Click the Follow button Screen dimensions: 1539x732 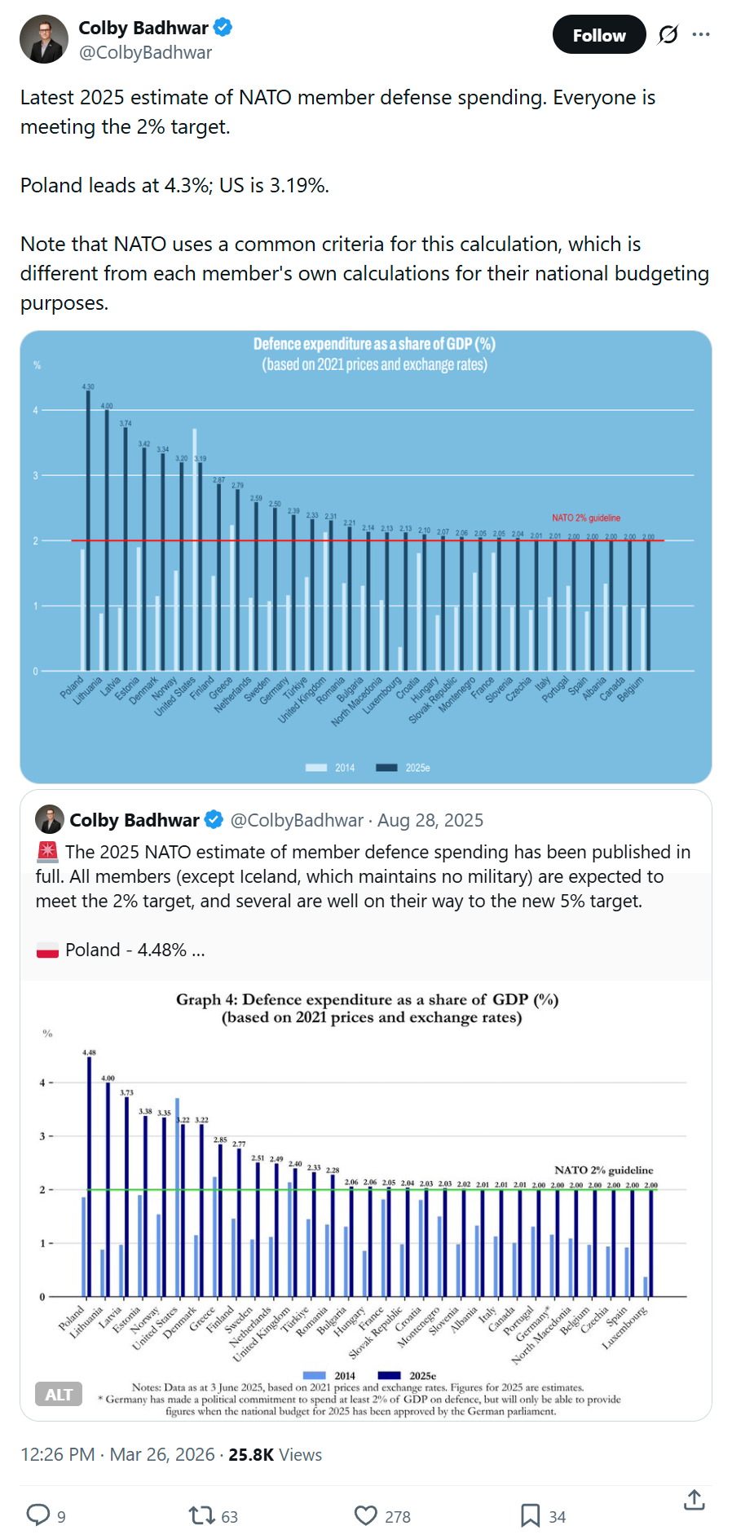[599, 35]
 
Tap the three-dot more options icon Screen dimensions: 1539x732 [701, 34]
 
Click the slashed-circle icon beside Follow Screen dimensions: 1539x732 [668, 34]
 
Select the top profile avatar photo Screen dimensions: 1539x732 [43, 39]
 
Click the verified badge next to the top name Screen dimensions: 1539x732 [223, 28]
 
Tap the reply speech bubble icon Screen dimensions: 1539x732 [38, 1515]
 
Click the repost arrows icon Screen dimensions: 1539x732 [201, 1515]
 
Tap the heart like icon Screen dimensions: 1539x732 [366, 1515]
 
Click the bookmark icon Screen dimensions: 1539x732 [530, 1515]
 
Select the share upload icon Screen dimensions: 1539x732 [694, 1500]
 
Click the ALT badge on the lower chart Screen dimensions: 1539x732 [59, 1394]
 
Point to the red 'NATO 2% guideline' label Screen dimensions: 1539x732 [585, 518]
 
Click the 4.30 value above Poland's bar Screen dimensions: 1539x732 [88, 386]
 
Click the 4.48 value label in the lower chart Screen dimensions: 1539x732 [89, 1052]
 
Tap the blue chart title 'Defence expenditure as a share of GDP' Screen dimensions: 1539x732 [374, 344]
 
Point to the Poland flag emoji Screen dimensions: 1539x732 [47, 950]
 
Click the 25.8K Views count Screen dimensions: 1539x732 [275, 1455]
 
